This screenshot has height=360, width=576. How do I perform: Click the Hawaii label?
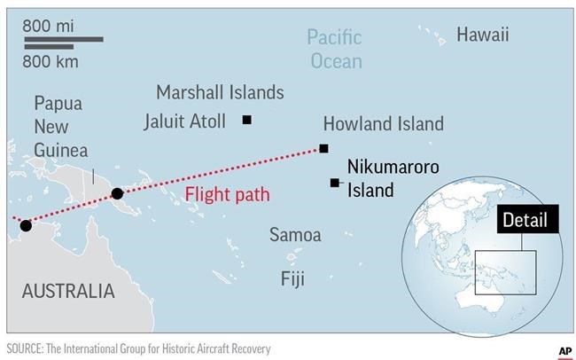coord(483,35)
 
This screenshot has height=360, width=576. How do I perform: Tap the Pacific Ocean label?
coord(334,49)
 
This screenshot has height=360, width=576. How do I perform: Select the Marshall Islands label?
coord(220,92)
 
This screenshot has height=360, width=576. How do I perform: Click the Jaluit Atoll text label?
coord(184,121)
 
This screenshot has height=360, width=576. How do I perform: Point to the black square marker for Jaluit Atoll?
coord(247,120)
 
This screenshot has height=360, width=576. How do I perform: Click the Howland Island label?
coord(383,123)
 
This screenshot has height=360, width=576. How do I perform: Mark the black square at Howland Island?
coord(323,148)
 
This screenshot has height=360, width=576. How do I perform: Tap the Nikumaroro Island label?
coord(381,177)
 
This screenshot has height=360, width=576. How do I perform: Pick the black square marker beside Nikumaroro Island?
coord(334,183)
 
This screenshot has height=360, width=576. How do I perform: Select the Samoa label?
coord(295,235)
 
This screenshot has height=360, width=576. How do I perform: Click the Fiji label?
coord(292,279)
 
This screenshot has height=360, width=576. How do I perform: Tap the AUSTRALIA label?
coord(68,291)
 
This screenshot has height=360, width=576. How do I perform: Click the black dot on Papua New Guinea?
coord(117,193)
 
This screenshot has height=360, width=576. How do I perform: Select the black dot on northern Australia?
coord(26,225)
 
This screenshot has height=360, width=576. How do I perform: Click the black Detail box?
coord(525,221)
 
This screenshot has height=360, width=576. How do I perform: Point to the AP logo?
coord(564,350)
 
